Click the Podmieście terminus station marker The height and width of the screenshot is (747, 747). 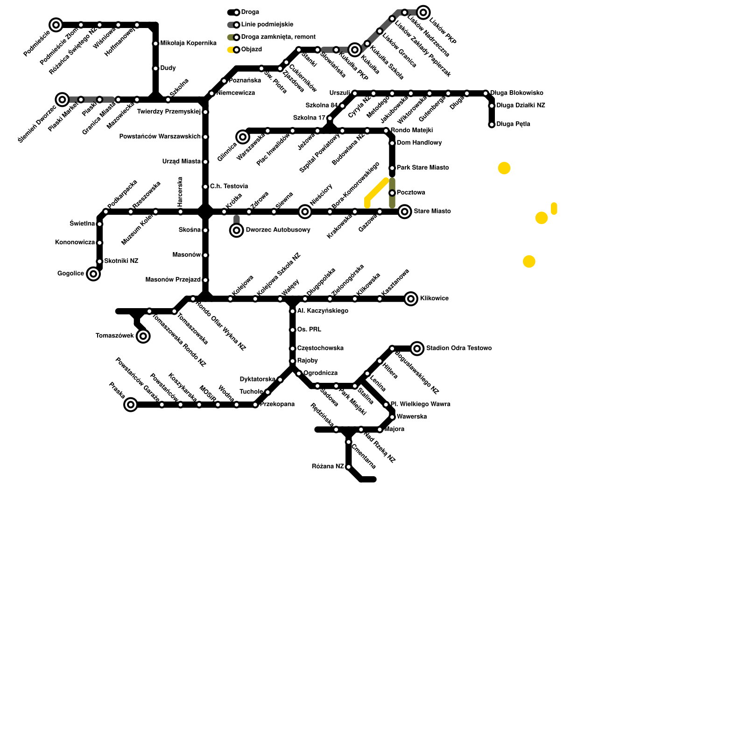click(x=56, y=25)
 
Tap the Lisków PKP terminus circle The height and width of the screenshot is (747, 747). click(x=423, y=12)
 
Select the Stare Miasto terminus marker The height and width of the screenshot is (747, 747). click(x=405, y=212)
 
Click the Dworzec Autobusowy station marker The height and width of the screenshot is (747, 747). click(x=237, y=230)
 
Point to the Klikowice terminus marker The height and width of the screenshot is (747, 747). click(x=411, y=299)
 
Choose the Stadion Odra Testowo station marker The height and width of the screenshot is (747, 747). click(x=417, y=348)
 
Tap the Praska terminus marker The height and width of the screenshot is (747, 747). click(x=131, y=405)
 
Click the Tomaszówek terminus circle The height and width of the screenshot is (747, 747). click(x=143, y=336)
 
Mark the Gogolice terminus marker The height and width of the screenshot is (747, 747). click(x=93, y=274)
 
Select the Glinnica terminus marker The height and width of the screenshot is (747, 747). click(x=243, y=137)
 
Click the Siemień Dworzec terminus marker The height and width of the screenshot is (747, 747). click(x=62, y=99)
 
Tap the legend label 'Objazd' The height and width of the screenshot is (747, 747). click(x=252, y=49)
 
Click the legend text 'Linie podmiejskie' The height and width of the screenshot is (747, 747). click(x=267, y=25)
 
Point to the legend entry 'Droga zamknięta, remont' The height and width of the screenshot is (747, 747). click(x=278, y=37)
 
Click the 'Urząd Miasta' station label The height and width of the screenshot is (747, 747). click(x=182, y=162)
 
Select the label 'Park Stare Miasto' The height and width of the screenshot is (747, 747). click(x=423, y=168)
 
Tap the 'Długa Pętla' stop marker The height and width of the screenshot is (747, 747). click(x=492, y=125)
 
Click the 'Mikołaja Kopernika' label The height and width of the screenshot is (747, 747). click(x=188, y=43)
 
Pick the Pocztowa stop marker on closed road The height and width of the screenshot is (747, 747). click(x=392, y=193)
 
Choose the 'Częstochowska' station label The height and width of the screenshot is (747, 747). click(x=320, y=348)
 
